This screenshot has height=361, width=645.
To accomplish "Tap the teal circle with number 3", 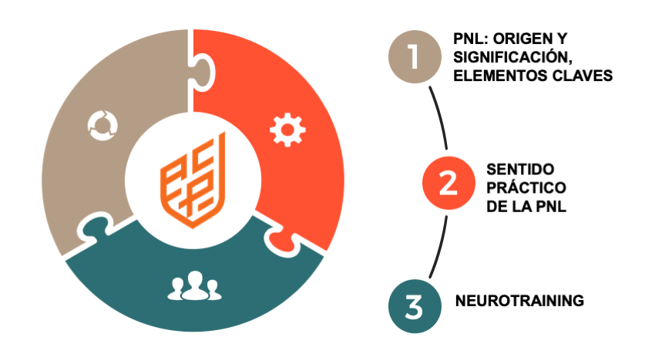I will (x=414, y=306).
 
